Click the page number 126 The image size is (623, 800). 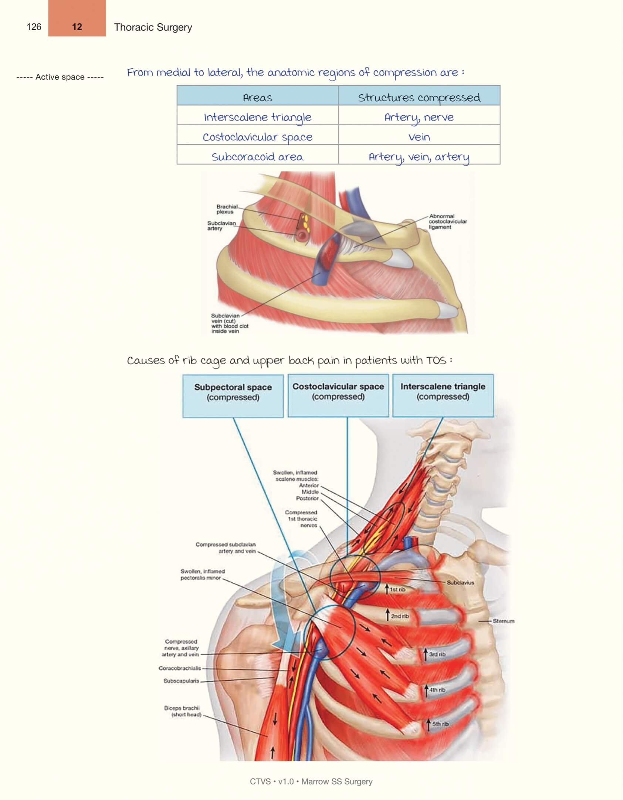pos(34,27)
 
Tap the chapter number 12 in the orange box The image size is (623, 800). pos(77,27)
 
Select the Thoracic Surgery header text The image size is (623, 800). pos(153,27)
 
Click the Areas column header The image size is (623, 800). pos(257,98)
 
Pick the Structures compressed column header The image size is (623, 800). pos(419,98)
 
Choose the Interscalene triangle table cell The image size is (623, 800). pos(257,117)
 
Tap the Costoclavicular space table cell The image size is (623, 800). pos(257,137)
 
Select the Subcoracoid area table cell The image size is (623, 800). pos(257,157)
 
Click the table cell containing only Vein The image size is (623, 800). pos(419,137)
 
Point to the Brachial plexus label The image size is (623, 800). pos(227,209)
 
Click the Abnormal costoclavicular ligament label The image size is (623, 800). pos(447,221)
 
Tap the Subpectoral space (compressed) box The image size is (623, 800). pos(233,395)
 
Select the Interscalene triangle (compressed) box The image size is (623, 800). pos(443,395)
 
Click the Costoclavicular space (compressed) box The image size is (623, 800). pos(338,395)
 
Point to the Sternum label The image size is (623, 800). pos(503,621)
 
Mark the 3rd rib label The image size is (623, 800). pos(437,654)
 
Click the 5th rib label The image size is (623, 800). pos(440,724)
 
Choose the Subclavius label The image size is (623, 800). pos(460,583)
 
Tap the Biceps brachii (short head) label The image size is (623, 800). pos(183,711)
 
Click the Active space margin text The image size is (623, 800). pos(60,77)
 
